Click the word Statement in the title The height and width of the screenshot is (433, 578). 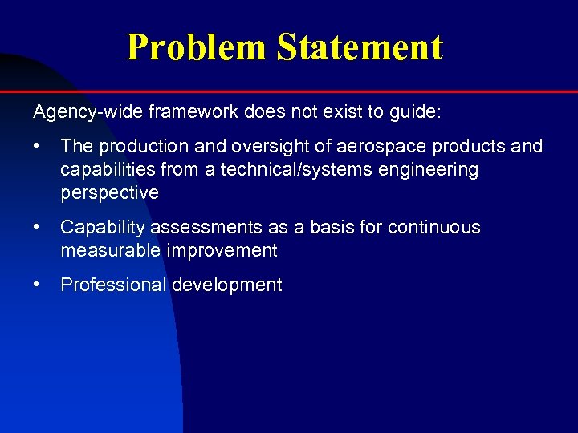point(360,47)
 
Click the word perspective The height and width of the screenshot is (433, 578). point(109,193)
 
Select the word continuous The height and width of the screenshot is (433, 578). point(433,228)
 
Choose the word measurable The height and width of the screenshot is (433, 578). point(111,251)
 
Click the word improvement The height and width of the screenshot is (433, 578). point(222,251)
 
